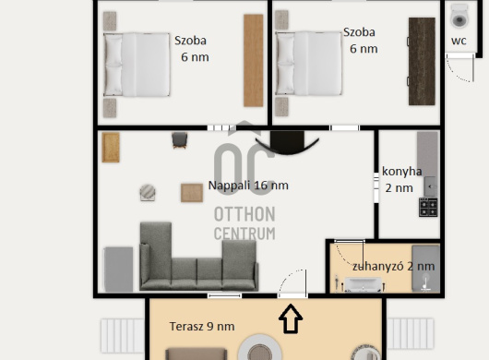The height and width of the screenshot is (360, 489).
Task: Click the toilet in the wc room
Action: point(459,16)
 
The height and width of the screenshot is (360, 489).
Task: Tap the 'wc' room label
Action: point(459,41)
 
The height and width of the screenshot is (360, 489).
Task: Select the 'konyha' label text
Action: point(401,172)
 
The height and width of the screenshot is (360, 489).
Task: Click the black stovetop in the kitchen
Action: point(428,207)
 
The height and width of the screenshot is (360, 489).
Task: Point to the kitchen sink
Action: point(431,186)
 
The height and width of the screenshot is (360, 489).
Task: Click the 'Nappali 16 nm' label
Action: point(248,186)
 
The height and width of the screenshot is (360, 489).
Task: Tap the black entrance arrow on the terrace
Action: point(291,318)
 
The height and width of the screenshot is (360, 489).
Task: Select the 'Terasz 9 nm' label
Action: point(202,327)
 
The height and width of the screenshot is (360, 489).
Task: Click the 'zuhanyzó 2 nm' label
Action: point(394,267)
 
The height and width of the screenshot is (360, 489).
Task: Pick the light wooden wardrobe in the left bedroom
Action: point(253,61)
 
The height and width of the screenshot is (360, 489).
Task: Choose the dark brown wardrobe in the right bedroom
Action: point(422,62)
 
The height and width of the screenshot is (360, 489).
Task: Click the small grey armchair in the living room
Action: point(180,140)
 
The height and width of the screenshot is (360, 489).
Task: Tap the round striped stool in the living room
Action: point(148,192)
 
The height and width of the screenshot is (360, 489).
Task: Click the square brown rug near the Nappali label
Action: point(192,193)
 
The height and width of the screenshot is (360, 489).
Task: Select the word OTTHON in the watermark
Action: point(244,215)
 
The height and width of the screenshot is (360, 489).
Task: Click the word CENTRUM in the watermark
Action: point(244,234)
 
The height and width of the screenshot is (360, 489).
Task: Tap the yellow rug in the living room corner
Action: point(111,148)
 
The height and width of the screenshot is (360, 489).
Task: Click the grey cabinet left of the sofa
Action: point(118,270)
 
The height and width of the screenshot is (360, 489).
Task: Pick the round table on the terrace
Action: point(260,348)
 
